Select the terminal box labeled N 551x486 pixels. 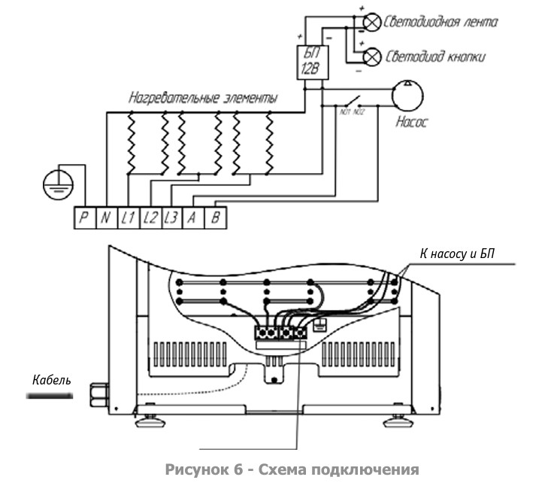(x=105, y=218)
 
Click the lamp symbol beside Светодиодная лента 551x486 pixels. (x=371, y=22)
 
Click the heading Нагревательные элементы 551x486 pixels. (x=202, y=99)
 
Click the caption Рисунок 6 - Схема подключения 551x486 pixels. (x=291, y=470)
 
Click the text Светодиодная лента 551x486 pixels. (x=440, y=21)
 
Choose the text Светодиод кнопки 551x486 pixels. (x=435, y=56)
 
